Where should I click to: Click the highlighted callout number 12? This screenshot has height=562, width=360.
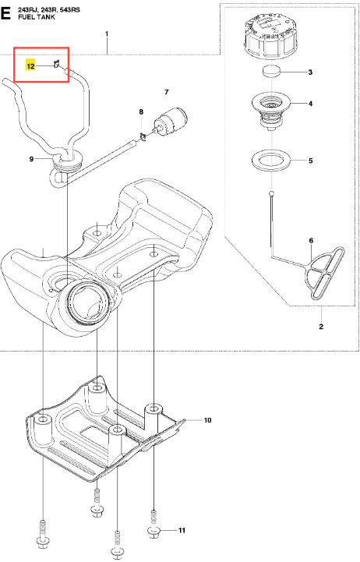point(30,66)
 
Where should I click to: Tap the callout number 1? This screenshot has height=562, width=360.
point(107,34)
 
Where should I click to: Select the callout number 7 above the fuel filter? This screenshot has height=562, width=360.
point(166,93)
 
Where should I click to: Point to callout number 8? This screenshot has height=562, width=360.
point(141,111)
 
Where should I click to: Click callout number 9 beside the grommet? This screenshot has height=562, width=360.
point(31,159)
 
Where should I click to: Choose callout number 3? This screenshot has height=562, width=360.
point(311,72)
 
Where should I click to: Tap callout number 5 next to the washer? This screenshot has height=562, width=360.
point(311,161)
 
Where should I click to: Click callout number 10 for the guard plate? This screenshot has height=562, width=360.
point(208,420)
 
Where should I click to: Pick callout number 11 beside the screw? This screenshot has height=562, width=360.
point(182,530)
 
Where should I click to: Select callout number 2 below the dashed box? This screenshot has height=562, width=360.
point(321,327)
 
